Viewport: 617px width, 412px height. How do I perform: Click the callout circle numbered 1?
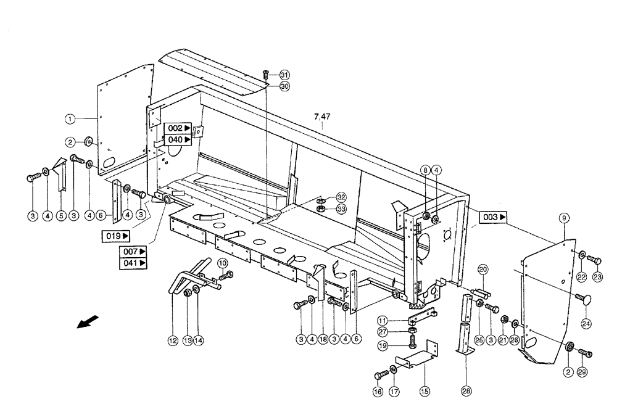(x=70, y=117)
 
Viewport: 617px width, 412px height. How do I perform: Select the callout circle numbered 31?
(x=284, y=74)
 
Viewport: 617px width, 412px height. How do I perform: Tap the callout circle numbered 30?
(x=284, y=86)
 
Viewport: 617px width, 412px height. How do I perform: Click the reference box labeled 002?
(x=178, y=128)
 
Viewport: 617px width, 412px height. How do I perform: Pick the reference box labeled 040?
(x=178, y=140)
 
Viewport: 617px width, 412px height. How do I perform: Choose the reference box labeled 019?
(x=116, y=236)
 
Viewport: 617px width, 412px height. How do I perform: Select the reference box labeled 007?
(x=133, y=252)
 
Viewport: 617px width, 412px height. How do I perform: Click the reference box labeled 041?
(x=133, y=263)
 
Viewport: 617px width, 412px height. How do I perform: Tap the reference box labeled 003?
(x=494, y=217)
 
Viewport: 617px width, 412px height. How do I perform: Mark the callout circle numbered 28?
(x=466, y=390)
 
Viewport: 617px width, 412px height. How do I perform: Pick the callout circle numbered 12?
(x=172, y=339)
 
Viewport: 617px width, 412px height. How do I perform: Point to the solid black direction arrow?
(x=88, y=322)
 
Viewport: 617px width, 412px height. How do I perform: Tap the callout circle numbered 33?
(x=341, y=210)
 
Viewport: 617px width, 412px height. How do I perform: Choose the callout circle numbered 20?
(x=482, y=269)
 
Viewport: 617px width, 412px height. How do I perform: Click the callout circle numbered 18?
(x=323, y=339)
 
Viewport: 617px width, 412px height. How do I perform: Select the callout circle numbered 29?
(x=582, y=372)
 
